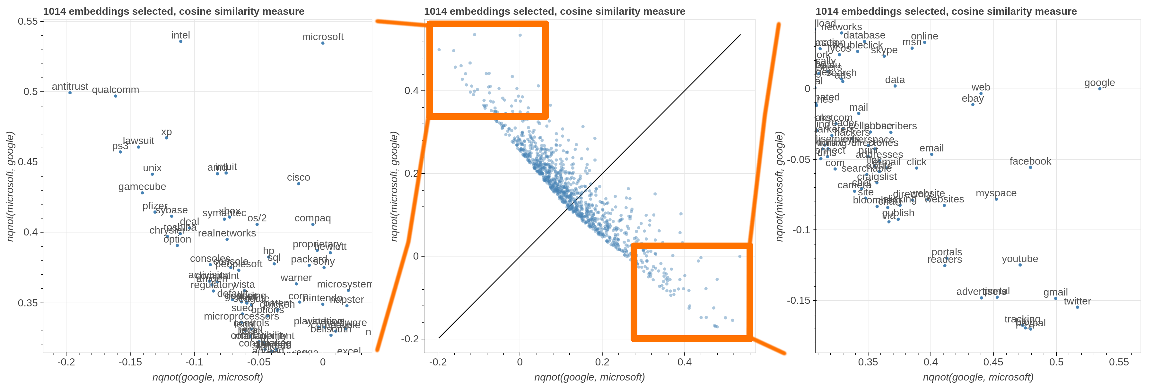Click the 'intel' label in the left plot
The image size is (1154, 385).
pyautogui.click(x=180, y=35)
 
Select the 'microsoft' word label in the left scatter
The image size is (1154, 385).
pyautogui.click(x=323, y=37)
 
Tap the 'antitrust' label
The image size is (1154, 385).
pyautogui.click(x=70, y=86)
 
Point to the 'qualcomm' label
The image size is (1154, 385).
pyautogui.click(x=116, y=90)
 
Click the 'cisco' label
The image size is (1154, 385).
pyautogui.click(x=298, y=177)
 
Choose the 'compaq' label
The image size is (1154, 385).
pyautogui.click(x=313, y=218)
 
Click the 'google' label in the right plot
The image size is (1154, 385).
pyautogui.click(x=1099, y=83)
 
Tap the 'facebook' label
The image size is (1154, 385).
pyautogui.click(x=1030, y=161)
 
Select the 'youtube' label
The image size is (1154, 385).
pyautogui.click(x=1019, y=259)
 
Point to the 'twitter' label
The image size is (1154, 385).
pyautogui.click(x=1077, y=301)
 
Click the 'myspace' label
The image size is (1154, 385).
pyautogui.click(x=996, y=193)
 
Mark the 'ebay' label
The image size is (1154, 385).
pyautogui.click(x=973, y=98)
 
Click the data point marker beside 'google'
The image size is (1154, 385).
pyautogui.click(x=1099, y=89)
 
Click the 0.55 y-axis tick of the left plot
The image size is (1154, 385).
pyautogui.click(x=28, y=21)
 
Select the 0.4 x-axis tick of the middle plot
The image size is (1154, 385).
pyautogui.click(x=684, y=362)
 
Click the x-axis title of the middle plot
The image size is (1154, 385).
pyautogui.click(x=589, y=377)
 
